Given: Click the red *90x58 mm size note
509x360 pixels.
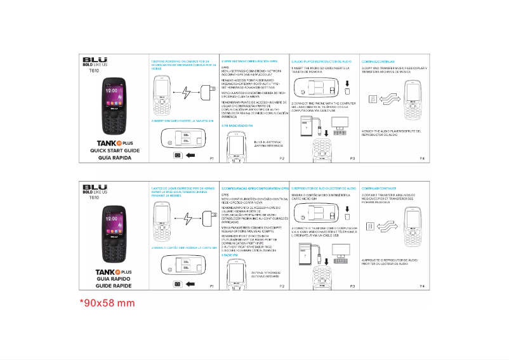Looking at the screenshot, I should tap(107, 302).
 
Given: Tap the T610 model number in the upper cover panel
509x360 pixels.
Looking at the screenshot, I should tap(94, 71).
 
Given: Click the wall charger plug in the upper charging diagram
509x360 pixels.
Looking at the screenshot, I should tap(206, 90).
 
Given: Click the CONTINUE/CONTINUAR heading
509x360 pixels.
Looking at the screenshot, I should tap(374, 61).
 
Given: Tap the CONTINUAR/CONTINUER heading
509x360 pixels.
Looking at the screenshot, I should tap(379, 189).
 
